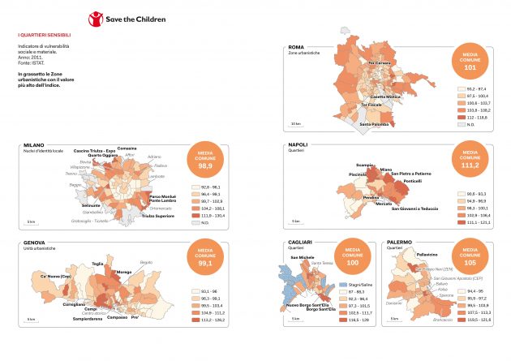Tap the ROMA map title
tap(296, 48)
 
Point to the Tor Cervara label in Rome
tap(380, 63)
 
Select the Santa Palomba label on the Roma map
tap(375, 124)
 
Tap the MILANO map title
tap(33, 144)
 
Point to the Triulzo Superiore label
tap(158, 216)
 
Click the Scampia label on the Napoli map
tap(365, 165)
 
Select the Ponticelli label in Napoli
tap(413, 180)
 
